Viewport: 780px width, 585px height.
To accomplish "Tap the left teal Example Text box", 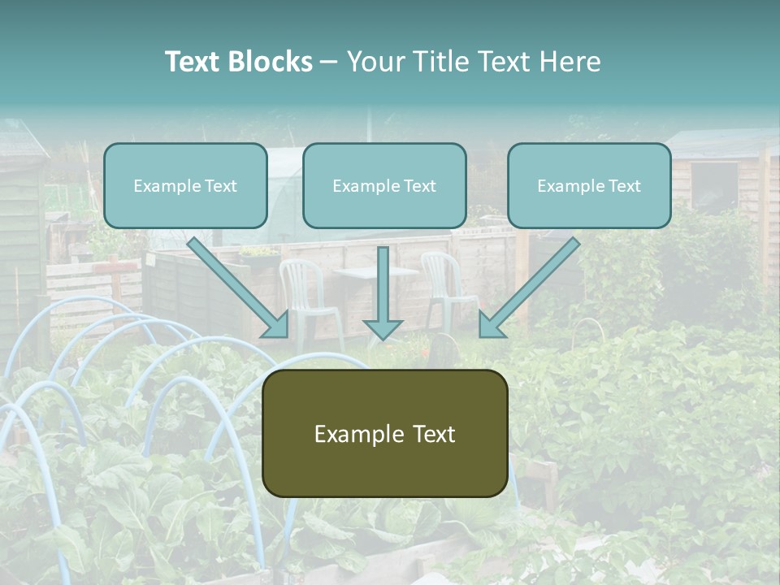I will pyautogui.click(x=185, y=186).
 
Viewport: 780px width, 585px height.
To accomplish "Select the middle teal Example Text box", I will pyautogui.click(x=384, y=186).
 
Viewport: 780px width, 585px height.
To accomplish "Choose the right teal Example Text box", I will pyautogui.click(x=589, y=186).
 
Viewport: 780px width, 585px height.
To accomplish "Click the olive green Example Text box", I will pyautogui.click(x=384, y=434).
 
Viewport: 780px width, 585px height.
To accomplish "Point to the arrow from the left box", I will pyautogui.click(x=240, y=288).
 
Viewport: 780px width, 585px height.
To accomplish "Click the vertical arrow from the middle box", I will pyautogui.click(x=383, y=292).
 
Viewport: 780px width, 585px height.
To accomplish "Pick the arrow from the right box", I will pyautogui.click(x=528, y=288).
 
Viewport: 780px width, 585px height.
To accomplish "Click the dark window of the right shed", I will pyautogui.click(x=713, y=187).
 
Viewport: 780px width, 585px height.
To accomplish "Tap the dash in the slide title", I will pyautogui.click(x=329, y=62).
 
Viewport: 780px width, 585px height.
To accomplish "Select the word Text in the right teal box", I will pyautogui.click(x=625, y=186).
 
